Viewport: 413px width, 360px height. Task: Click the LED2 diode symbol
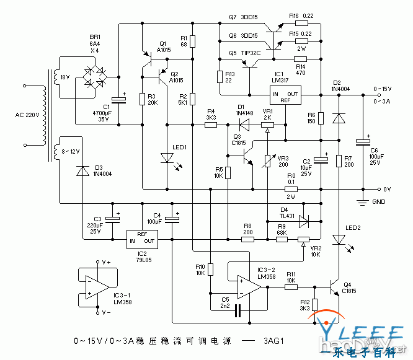click(339, 239)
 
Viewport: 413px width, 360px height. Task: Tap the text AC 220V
click(27, 115)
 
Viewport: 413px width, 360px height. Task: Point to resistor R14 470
click(300, 59)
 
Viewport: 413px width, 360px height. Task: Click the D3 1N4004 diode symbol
click(82, 170)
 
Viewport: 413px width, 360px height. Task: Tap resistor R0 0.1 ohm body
click(291, 189)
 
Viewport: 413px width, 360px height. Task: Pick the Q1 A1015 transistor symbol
click(149, 57)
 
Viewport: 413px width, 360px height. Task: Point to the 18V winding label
click(64, 77)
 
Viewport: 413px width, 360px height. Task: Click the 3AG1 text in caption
click(273, 341)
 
